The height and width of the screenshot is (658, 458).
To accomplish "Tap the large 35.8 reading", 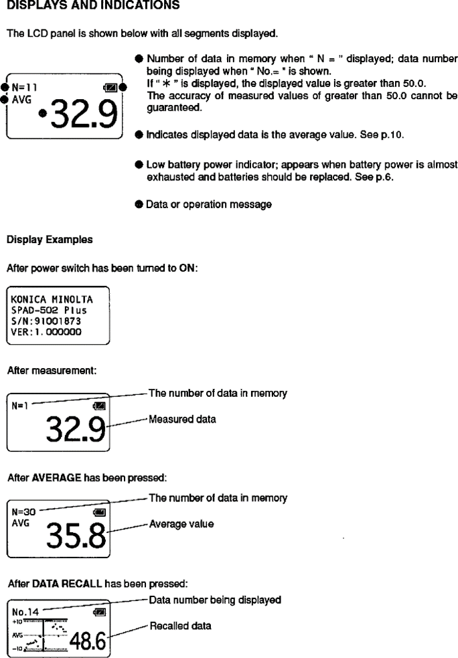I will click(79, 534).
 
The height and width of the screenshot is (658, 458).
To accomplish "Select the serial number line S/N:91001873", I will click(44, 320).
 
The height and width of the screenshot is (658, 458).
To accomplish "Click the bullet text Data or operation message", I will click(209, 205).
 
